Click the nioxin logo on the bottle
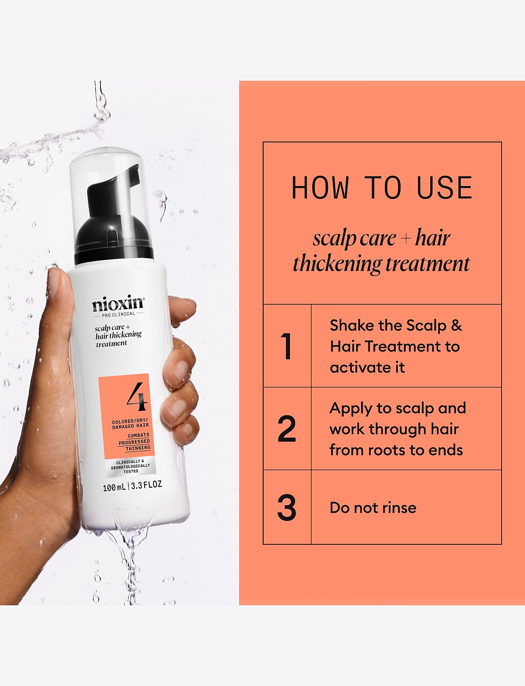(x=118, y=304)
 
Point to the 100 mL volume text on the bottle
(x=114, y=487)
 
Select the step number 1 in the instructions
(x=287, y=346)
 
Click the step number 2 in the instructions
(x=287, y=429)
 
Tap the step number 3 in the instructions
(x=287, y=508)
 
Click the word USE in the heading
(x=444, y=188)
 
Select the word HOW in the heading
(x=320, y=188)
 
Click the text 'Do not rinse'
(x=373, y=508)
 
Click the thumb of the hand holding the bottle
(x=60, y=291)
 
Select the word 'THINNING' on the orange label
(x=138, y=448)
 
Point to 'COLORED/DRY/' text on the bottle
(x=130, y=422)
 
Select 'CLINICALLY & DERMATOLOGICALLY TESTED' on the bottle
(x=130, y=466)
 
